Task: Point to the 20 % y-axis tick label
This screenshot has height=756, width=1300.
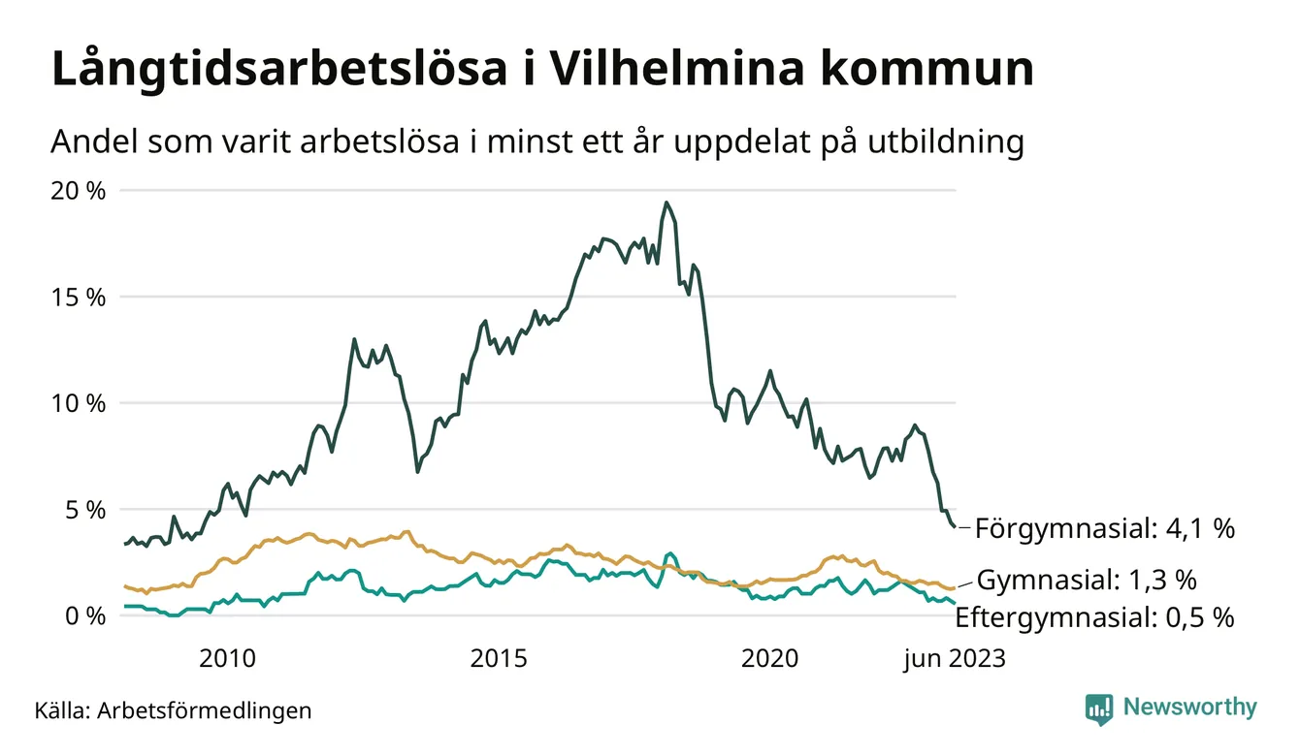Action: pyautogui.click(x=78, y=191)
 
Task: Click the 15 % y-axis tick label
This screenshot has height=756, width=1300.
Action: pyautogui.click(x=78, y=298)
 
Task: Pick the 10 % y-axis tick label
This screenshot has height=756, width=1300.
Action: pyautogui.click(x=78, y=403)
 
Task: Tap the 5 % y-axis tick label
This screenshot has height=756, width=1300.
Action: pyautogui.click(x=84, y=510)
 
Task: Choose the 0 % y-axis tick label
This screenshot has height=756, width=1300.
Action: pyautogui.click(x=84, y=615)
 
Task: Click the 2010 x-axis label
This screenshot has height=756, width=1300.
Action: pyautogui.click(x=227, y=659)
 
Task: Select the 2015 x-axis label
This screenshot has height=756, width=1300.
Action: pyautogui.click(x=499, y=659)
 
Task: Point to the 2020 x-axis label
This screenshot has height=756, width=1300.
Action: pyautogui.click(x=769, y=659)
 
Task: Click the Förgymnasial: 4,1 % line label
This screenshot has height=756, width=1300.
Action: pyautogui.click(x=1104, y=528)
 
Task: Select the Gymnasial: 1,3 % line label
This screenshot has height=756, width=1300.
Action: pyautogui.click(x=1086, y=581)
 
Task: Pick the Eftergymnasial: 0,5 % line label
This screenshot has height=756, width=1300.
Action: pyautogui.click(x=1094, y=617)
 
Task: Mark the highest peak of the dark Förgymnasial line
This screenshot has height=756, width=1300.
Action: pyautogui.click(x=666, y=203)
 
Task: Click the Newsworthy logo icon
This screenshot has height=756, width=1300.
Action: pyautogui.click(x=1099, y=709)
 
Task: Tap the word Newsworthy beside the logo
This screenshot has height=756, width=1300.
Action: pyautogui.click(x=1189, y=708)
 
